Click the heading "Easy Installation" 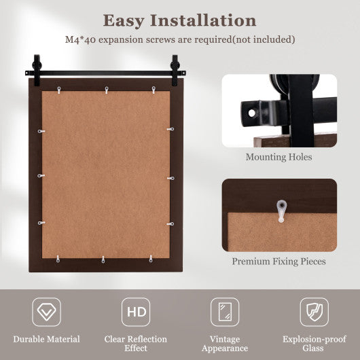(x=179, y=20)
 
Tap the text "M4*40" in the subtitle (x=77, y=39)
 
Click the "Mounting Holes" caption (x=279, y=157)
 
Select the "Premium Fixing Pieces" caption (x=279, y=261)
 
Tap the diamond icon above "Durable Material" (x=46, y=312)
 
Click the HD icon (x=136, y=312)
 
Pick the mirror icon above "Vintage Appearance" (x=225, y=312)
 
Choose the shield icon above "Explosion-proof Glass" (x=314, y=312)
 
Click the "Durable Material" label (x=46, y=339)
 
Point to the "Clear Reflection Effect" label (x=136, y=344)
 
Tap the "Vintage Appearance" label (x=225, y=344)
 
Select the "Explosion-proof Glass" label (x=314, y=344)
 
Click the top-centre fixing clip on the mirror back (x=106, y=88)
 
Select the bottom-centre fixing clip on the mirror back (x=103, y=259)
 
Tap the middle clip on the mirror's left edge (x=41, y=176)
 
